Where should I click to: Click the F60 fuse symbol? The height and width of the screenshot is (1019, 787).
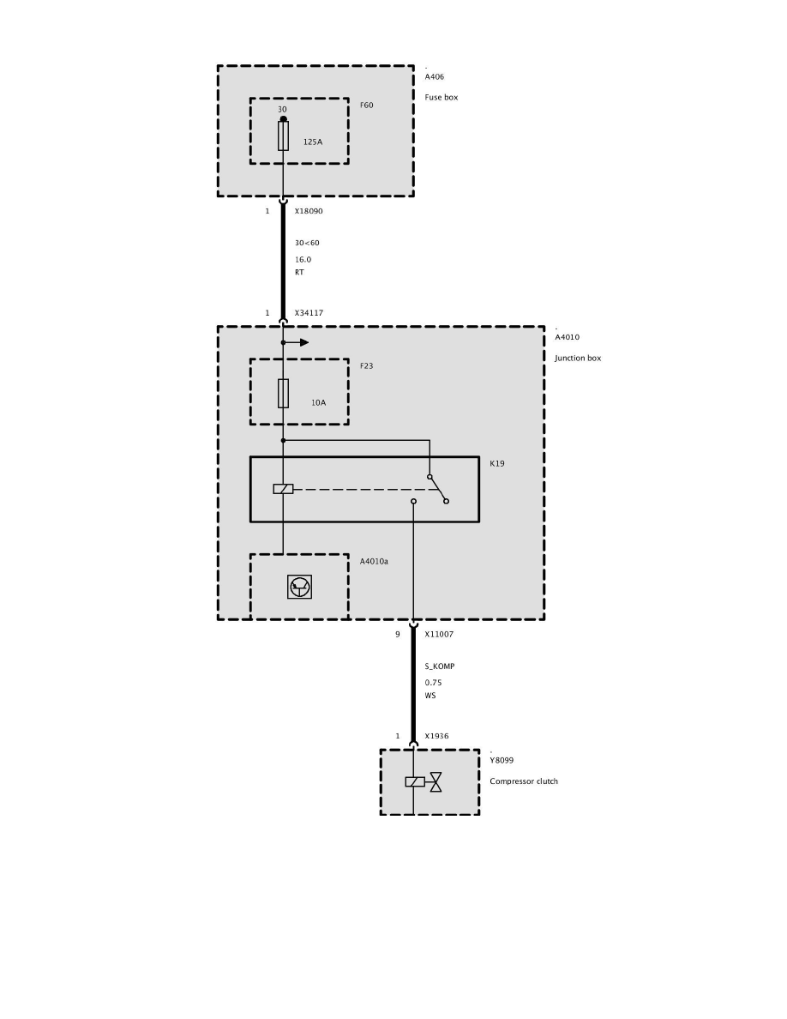click(283, 136)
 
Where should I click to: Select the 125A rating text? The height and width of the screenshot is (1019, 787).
click(313, 142)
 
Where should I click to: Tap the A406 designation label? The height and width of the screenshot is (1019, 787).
click(435, 77)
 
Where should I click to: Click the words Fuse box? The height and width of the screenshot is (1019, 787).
click(442, 97)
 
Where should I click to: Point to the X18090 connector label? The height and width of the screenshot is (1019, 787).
click(309, 211)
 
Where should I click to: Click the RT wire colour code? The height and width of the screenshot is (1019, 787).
click(299, 272)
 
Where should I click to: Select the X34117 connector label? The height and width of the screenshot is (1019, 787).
click(309, 313)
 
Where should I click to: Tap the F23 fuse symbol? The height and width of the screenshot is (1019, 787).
click(283, 393)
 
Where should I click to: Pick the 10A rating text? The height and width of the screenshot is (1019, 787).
click(318, 401)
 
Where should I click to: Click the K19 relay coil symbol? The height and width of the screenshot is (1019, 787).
click(283, 489)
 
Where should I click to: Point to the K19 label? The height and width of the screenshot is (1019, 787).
click(497, 463)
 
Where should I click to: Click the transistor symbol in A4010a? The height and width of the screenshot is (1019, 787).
click(300, 587)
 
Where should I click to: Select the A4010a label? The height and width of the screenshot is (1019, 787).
click(374, 563)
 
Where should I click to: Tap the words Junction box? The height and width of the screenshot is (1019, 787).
click(578, 358)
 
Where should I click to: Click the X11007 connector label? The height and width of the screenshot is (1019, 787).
click(439, 635)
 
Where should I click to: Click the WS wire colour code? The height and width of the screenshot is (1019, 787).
click(430, 696)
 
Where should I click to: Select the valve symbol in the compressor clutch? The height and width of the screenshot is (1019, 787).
click(436, 781)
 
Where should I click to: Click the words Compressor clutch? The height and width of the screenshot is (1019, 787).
click(524, 781)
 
